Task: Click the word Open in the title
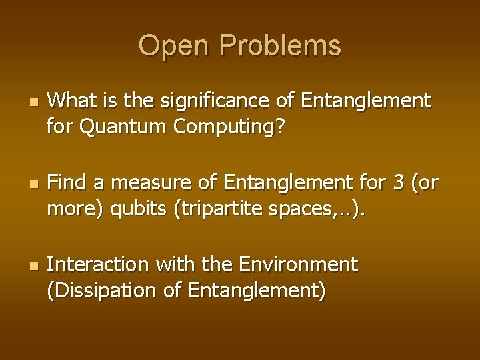[173, 46]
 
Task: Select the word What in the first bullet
[70, 101]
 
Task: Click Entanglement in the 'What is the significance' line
[366, 101]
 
